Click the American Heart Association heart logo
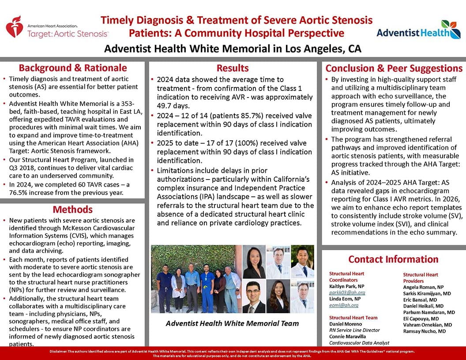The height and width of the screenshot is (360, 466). pyautogui.click(x=15, y=26)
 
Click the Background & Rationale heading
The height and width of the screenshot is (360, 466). pyautogui.click(x=73, y=68)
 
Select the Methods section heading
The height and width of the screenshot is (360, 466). pyautogui.click(x=73, y=209)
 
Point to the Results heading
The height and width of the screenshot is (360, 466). pyautogui.click(x=233, y=68)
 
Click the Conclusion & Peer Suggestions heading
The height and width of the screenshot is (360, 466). pyautogui.click(x=394, y=68)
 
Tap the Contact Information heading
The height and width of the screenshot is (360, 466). pyautogui.click(x=393, y=259)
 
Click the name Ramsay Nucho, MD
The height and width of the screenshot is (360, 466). pyautogui.click(x=424, y=331)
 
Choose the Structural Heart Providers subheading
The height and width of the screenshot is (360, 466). pyautogui.click(x=421, y=277)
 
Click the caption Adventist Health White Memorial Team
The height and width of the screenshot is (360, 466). pyautogui.click(x=232, y=323)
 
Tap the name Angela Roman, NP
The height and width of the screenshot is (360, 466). pyautogui.click(x=423, y=287)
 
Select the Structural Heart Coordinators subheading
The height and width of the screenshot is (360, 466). pyautogui.click(x=347, y=277)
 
